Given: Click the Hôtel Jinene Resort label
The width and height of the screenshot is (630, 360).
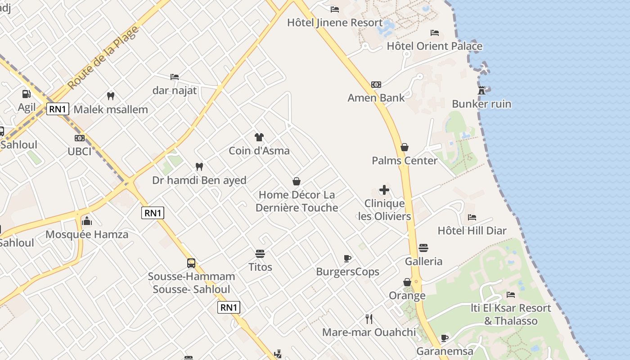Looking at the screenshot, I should click(335, 22).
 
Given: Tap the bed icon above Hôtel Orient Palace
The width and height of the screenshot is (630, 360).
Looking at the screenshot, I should click(435, 33).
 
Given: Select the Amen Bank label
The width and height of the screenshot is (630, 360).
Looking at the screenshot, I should click(376, 98).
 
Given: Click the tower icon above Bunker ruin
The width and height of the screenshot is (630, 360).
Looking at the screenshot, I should click(481, 90).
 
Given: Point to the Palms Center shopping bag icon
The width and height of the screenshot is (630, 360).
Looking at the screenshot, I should click(405, 147).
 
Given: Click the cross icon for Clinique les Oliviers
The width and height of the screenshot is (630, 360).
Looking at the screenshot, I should click(384, 190).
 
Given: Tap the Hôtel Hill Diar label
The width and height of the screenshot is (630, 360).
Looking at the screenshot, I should click(472, 231).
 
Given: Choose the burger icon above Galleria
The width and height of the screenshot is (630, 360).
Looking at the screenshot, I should click(423, 248).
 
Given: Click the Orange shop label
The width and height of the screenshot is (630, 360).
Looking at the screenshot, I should click(407, 296).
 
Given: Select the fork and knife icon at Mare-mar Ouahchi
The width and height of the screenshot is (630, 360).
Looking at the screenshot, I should click(369, 319).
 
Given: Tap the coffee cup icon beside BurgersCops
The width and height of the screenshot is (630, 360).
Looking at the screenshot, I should click(347, 258).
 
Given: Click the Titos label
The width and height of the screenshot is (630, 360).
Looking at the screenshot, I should click(261, 267).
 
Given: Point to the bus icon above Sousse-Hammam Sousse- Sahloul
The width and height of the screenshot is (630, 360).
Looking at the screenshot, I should click(191, 263).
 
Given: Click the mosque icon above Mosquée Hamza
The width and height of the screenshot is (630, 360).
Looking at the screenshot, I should click(87, 221).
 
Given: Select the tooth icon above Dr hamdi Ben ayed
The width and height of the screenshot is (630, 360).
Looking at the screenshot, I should click(199, 167).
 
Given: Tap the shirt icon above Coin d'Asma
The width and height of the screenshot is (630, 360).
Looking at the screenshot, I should click(259, 137).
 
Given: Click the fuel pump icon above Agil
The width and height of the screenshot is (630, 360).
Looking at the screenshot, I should click(27, 94).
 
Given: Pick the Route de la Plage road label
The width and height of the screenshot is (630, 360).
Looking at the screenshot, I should click(103, 57).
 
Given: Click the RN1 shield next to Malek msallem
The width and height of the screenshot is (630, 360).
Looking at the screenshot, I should click(58, 109).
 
